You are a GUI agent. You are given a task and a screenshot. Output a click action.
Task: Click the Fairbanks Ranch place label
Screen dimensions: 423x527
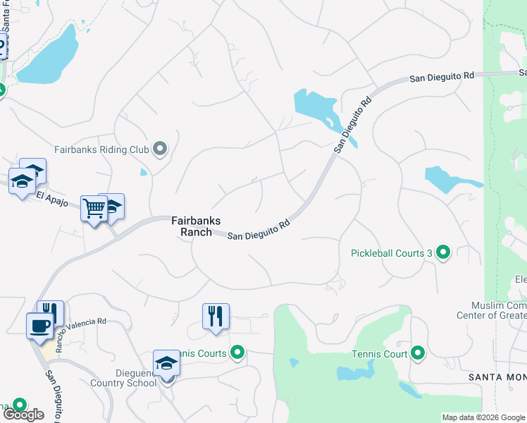click(x=196, y=226)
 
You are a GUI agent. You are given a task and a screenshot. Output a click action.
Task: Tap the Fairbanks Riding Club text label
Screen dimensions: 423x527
click(x=103, y=149)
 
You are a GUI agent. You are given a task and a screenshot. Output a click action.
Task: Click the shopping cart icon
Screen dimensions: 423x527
click(x=94, y=208)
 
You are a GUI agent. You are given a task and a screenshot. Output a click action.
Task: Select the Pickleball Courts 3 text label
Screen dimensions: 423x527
click(x=392, y=253)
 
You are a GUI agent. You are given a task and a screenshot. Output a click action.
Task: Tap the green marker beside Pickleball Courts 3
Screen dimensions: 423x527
click(x=443, y=252)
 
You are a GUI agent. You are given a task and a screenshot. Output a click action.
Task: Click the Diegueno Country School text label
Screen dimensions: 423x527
click(x=123, y=378)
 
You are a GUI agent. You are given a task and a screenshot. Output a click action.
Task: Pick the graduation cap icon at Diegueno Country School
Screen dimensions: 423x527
click(x=167, y=363)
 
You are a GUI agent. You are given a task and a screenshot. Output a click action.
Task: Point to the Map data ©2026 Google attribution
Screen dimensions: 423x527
click(x=484, y=417)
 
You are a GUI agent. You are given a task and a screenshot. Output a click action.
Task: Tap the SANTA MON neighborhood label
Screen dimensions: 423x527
click(x=497, y=378)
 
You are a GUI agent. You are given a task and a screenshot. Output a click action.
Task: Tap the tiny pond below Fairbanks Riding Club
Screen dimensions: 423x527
click(x=144, y=172)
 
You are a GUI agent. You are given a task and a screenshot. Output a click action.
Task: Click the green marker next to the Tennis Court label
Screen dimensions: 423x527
click(x=418, y=353)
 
